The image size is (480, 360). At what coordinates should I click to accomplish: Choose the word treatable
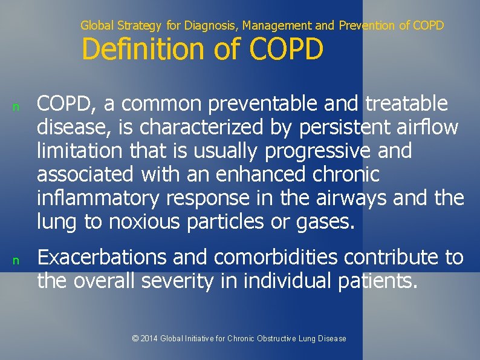pos(407,104)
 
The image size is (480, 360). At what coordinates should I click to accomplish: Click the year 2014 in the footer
pos(149,338)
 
